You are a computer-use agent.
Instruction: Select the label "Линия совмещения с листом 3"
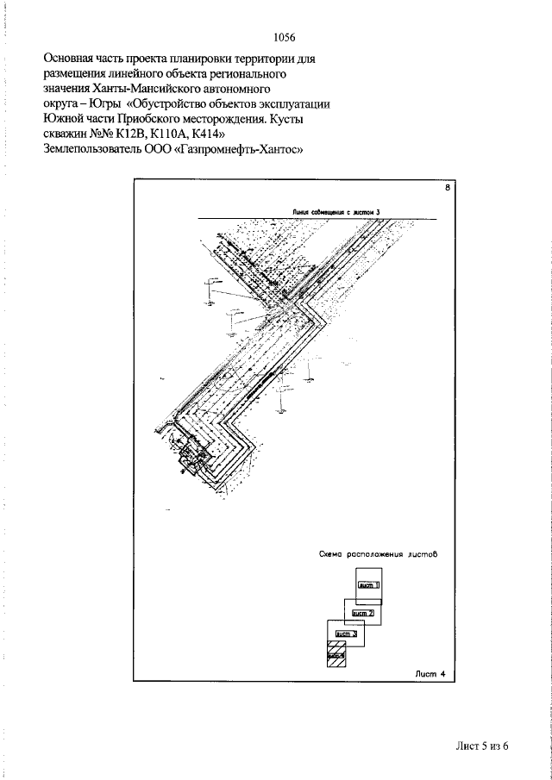[336, 210]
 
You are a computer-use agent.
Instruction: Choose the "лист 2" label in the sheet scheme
[361, 613]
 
